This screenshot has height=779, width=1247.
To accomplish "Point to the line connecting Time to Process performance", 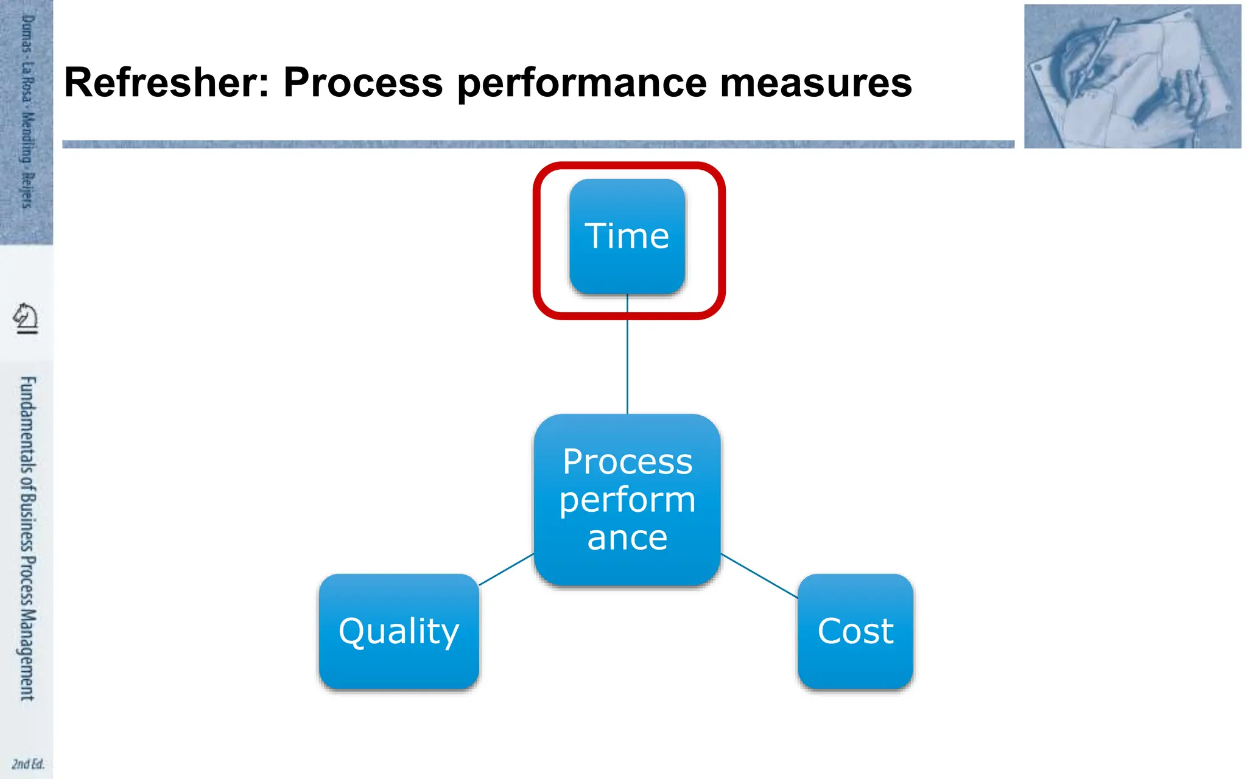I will point(627,365).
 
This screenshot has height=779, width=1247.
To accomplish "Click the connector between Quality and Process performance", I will point(507,570).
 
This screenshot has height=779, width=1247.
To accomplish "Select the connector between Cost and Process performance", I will point(759,576).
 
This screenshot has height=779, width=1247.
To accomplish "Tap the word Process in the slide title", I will point(363,83).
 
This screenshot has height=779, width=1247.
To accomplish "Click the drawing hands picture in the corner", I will point(1132,76).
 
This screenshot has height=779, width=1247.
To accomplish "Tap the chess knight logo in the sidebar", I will point(26,318).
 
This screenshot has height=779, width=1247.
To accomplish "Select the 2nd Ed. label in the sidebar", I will point(27,764).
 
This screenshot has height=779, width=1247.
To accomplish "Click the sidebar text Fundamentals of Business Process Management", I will point(27,539).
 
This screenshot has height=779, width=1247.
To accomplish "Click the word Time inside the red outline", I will point(627,236).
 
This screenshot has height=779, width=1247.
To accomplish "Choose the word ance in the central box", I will point(627,538).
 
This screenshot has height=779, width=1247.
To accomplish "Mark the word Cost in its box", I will point(855,631).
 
